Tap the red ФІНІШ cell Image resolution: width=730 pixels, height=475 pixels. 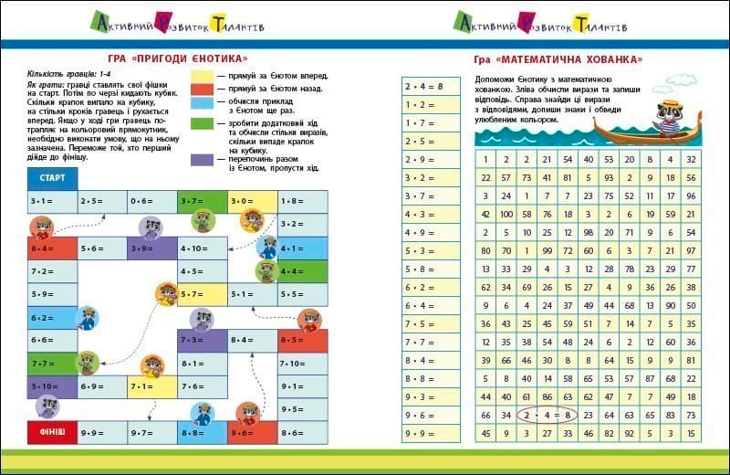[51, 429]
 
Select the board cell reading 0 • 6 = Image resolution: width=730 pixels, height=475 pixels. [151, 201]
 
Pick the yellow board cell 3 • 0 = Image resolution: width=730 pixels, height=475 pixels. [252, 201]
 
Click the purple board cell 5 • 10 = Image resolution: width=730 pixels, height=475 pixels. [51, 385]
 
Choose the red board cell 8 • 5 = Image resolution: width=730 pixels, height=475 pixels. [302, 340]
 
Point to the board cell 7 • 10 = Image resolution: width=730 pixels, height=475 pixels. [302, 363]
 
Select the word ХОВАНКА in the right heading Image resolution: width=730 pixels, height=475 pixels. [607, 59]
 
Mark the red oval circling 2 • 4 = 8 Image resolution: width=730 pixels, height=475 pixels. [547, 416]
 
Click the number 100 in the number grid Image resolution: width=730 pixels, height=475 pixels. [507, 214]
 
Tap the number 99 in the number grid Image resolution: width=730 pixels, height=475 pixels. [547, 250]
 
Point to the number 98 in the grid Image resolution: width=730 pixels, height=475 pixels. [587, 232]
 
